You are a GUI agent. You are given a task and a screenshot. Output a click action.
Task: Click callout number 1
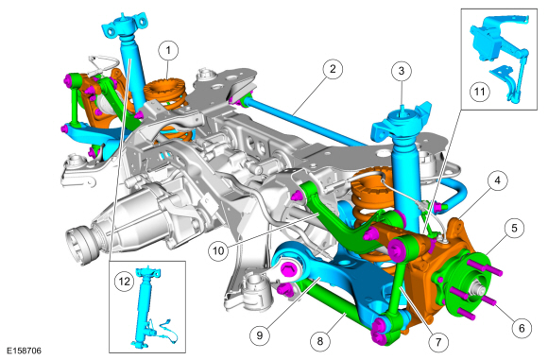(x=168, y=50)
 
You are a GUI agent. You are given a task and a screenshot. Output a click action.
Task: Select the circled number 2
(x=333, y=69)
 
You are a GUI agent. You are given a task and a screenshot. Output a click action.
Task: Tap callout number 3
(x=402, y=71)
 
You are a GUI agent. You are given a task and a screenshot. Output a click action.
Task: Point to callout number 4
(x=497, y=180)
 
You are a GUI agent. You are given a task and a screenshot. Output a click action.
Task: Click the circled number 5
(x=514, y=229)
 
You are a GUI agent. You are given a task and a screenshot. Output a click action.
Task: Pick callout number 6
(x=522, y=328)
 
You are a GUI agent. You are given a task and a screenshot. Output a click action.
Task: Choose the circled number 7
(x=438, y=341)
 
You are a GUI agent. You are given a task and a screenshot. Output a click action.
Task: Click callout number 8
(x=320, y=341)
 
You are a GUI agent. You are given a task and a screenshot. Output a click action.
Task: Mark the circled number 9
(x=260, y=334)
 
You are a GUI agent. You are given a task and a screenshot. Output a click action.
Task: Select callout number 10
(x=218, y=250)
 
